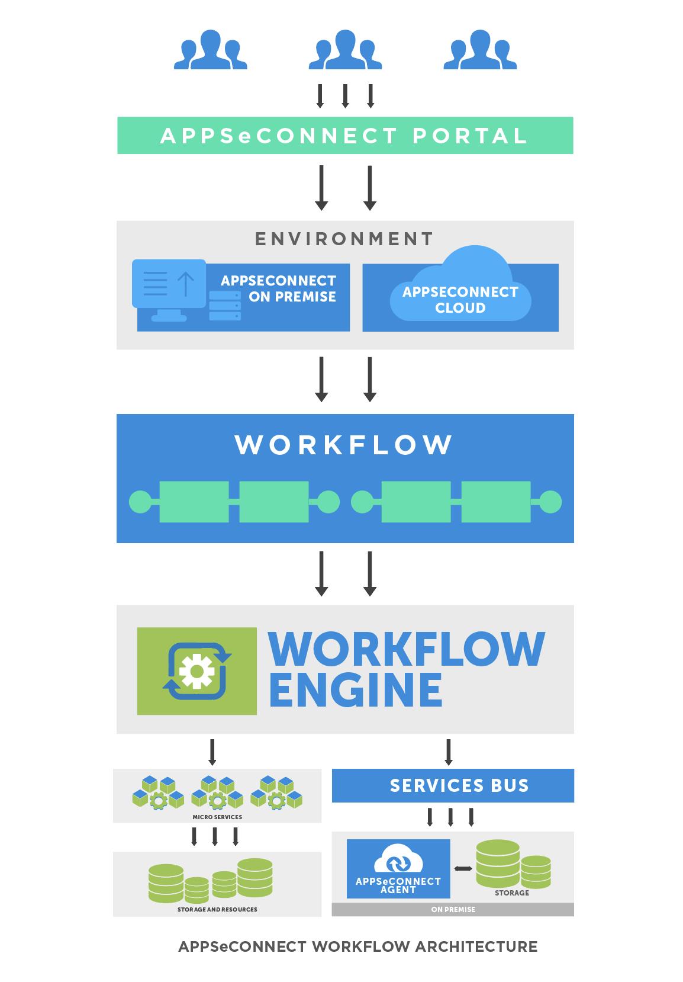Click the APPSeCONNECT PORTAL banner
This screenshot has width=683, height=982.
[344, 136]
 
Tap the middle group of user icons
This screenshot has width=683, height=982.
[345, 50]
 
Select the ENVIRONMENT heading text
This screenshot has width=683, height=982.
[344, 239]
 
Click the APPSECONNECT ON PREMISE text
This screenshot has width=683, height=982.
[278, 288]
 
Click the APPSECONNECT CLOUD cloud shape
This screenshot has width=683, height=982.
[460, 293]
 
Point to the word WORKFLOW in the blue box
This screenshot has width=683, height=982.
[344, 445]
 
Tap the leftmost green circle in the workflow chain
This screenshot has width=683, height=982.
[140, 502]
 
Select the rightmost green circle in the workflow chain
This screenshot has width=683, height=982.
[550, 502]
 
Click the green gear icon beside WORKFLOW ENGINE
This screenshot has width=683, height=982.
[197, 671]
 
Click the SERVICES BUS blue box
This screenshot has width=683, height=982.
[453, 785]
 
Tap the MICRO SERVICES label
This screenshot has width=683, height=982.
[217, 817]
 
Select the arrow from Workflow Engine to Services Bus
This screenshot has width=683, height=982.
[448, 752]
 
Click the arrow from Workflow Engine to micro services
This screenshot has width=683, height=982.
[212, 752]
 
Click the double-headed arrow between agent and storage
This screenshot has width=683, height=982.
[463, 869]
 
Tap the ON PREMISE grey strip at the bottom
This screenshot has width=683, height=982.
[453, 909]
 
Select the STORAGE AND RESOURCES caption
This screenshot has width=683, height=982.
[217, 909]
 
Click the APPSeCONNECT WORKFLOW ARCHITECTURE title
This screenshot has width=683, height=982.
[357, 946]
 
